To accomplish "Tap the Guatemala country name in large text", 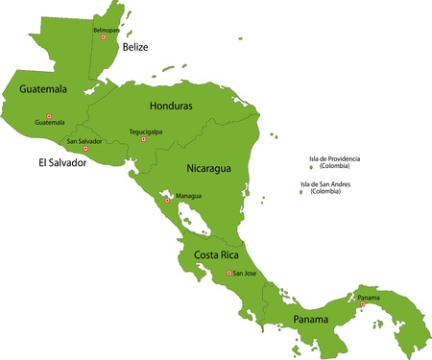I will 36,89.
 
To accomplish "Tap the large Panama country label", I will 310,318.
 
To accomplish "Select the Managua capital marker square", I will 167,201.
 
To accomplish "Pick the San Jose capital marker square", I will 228,274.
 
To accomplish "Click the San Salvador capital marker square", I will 85,149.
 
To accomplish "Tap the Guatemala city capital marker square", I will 49,117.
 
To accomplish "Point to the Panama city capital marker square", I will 362,304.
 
